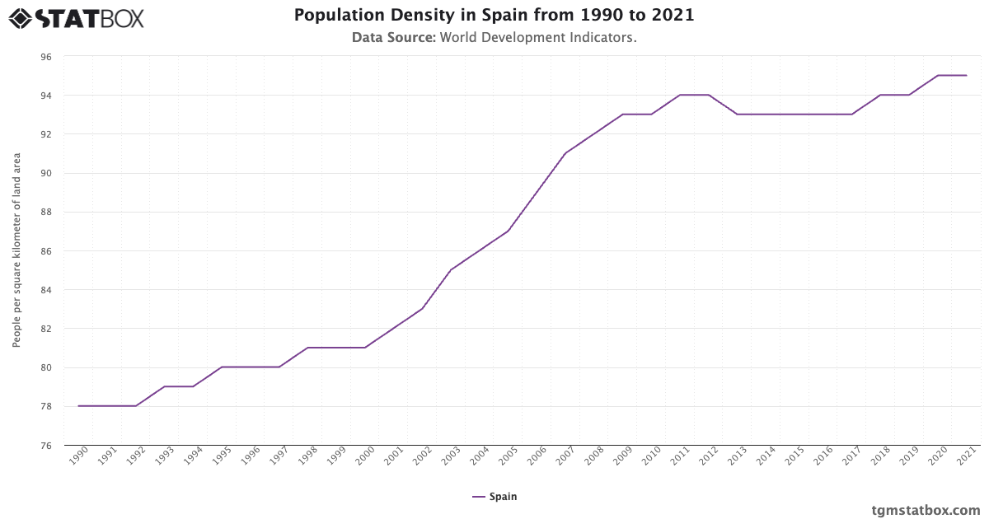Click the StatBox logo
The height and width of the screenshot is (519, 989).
pyautogui.click(x=76, y=18)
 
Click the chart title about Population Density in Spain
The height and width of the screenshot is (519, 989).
pyautogui.click(x=494, y=16)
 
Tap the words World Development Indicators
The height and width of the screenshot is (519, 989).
pyautogui.click(x=538, y=37)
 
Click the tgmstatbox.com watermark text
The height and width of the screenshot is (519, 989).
pyautogui.click(x=926, y=510)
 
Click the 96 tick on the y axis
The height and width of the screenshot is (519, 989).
pyautogui.click(x=45, y=57)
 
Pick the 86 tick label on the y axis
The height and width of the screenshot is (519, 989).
pyautogui.click(x=45, y=251)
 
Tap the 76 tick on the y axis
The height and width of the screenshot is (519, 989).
pyautogui.click(x=45, y=446)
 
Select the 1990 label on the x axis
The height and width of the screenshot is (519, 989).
pyautogui.click(x=78, y=457)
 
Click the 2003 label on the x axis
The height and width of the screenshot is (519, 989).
pyautogui.click(x=450, y=457)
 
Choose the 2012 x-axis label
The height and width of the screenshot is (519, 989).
pyautogui.click(x=707, y=457)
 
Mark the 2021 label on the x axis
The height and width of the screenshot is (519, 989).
pyautogui.click(x=966, y=457)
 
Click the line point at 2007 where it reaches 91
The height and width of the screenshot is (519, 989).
pyautogui.click(x=565, y=153)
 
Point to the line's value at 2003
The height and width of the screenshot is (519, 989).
pyautogui.click(x=451, y=270)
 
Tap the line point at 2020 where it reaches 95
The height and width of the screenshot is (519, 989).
pyautogui.click(x=938, y=76)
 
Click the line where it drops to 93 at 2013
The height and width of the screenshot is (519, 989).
pyautogui.click(x=737, y=115)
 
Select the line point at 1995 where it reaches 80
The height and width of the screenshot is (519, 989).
pyautogui.click(x=222, y=367)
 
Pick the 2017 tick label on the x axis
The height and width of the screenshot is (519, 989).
pyautogui.click(x=851, y=457)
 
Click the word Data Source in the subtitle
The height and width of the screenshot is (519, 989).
pyautogui.click(x=393, y=37)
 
